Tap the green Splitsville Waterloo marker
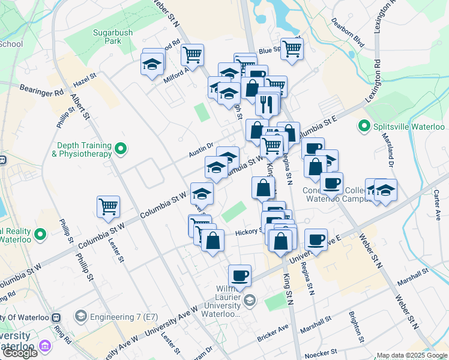pyautogui.click(x=363, y=127)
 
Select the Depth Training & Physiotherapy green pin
pyautogui.click(x=121, y=148)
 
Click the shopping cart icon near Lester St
pyautogui.click(x=109, y=207)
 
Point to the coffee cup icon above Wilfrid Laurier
pyautogui.click(x=240, y=275)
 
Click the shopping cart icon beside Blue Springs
pyautogui.click(x=292, y=49)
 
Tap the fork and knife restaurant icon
pyautogui.click(x=266, y=104)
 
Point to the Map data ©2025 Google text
pyautogui.click(x=412, y=355)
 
